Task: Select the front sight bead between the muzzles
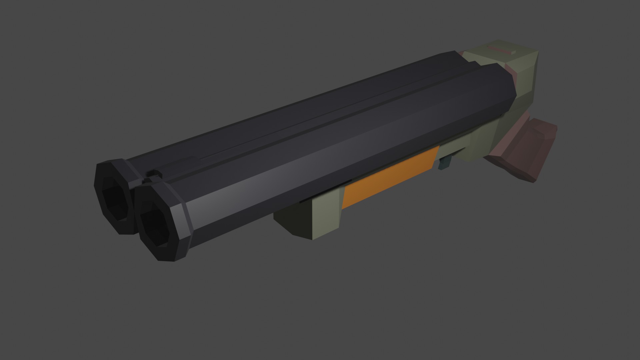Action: [153, 173]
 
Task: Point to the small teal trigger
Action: [445, 163]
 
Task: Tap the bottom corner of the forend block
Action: [312, 238]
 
